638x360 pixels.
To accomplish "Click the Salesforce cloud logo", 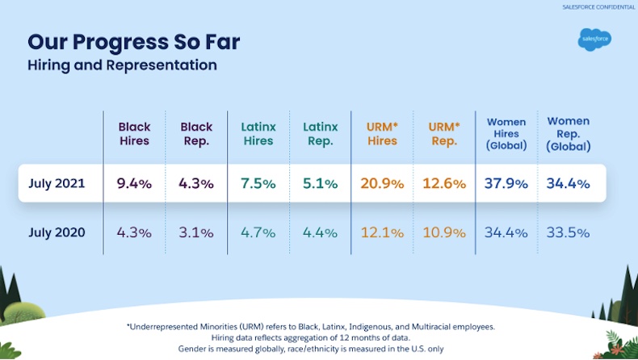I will click(x=594, y=39).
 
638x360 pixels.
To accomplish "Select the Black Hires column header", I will click(x=134, y=133).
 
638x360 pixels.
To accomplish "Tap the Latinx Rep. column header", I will click(x=320, y=133).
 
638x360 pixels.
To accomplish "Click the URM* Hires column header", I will click(x=383, y=133).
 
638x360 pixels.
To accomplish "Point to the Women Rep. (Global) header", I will click(x=568, y=133).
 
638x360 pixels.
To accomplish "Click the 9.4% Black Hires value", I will click(x=134, y=183).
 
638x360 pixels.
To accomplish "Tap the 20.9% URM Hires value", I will click(x=383, y=183).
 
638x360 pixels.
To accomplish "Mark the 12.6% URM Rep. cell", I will click(x=444, y=183).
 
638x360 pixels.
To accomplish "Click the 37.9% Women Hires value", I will click(x=506, y=183).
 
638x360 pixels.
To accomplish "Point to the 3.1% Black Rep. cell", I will click(x=196, y=232).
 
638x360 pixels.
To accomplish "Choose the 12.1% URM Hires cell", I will click(x=383, y=232).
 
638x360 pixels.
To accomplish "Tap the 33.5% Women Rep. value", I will click(x=568, y=232).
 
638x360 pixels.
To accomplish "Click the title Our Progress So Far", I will click(x=133, y=41).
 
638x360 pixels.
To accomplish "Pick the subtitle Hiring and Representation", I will click(x=122, y=65).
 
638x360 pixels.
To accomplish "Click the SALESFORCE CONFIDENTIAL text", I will click(x=598, y=7).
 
